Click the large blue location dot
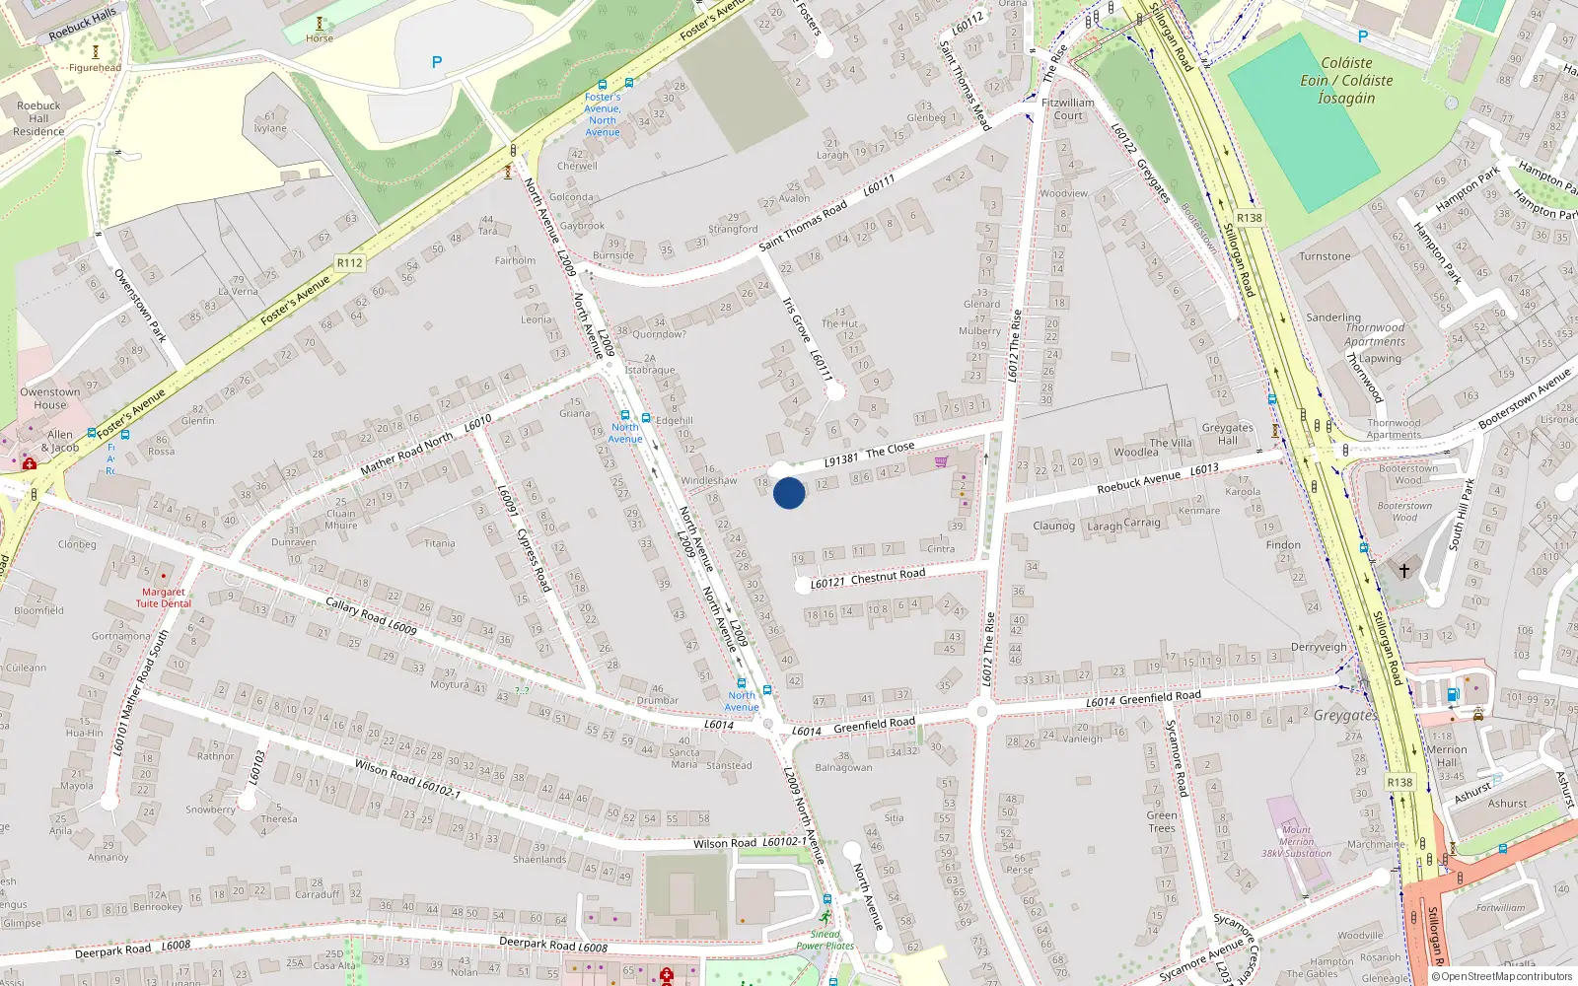789,493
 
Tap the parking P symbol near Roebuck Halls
437,62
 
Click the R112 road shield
349,263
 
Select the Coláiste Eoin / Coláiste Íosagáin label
1346,80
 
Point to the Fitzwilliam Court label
1068,108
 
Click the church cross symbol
1404,570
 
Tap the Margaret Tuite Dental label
164,598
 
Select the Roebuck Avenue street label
1138,481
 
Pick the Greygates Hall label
1227,434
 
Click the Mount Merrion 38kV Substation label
1296,842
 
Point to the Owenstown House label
50,398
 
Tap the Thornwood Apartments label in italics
1375,334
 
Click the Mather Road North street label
406,452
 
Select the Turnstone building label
1325,256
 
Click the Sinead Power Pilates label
825,940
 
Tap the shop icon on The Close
941,461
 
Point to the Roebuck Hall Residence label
38,118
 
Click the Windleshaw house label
709,480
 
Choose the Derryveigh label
1319,647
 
